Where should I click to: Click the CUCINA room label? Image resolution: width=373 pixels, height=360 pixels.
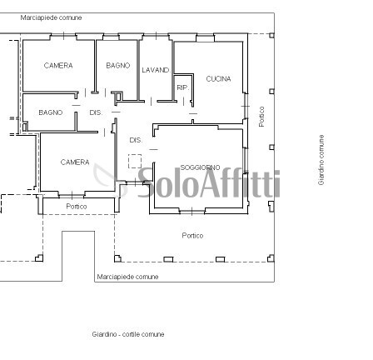pyautogui.click(x=218, y=78)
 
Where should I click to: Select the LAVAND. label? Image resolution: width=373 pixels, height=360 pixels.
pyautogui.click(x=156, y=70)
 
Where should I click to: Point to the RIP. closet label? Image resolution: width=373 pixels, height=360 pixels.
pyautogui.click(x=182, y=86)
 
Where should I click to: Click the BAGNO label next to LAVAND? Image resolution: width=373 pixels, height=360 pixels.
pyautogui.click(x=117, y=64)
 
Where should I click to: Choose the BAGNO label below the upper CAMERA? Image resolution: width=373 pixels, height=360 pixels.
pyautogui.click(x=50, y=112)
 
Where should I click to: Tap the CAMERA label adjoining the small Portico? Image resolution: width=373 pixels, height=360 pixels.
pyautogui.click(x=74, y=162)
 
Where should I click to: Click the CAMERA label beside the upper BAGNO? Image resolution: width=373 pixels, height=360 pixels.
pyautogui.click(x=57, y=64)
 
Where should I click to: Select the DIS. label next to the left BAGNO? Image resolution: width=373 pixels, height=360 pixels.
pyautogui.click(x=95, y=112)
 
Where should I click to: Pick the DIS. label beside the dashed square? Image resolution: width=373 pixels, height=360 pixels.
pyautogui.click(x=135, y=141)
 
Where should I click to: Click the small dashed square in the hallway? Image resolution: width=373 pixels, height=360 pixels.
pyautogui.click(x=135, y=159)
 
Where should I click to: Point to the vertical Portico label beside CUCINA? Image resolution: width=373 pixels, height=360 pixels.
pyautogui.click(x=261, y=116)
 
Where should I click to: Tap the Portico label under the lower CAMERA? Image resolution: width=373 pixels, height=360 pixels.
pyautogui.click(x=77, y=206)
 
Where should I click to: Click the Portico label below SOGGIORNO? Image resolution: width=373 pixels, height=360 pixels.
pyautogui.click(x=192, y=235)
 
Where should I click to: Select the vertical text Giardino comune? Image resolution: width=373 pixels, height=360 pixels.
pyautogui.click(x=321, y=159)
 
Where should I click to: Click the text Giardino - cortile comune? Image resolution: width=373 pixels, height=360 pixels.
pyautogui.click(x=128, y=333)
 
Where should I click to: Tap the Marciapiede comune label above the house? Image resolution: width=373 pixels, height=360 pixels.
pyautogui.click(x=51, y=16)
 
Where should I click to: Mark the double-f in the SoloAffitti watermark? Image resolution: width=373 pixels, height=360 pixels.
pyautogui.click(x=235, y=184)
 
